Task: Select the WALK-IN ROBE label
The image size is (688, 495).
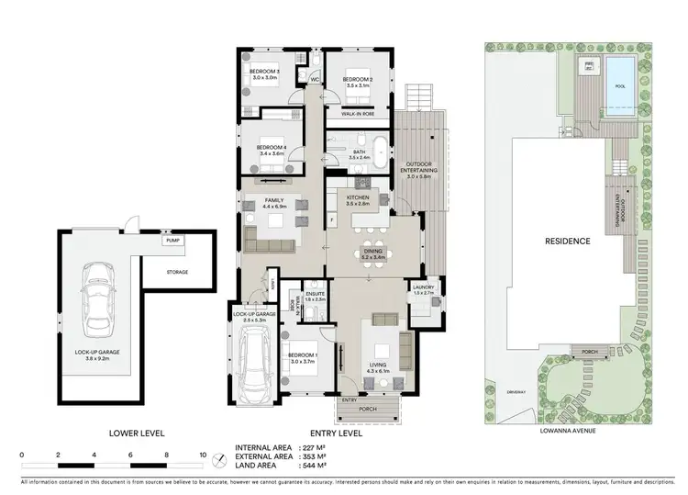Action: (357, 115)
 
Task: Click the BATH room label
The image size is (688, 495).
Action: (358, 152)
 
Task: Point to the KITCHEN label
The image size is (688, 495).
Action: (358, 197)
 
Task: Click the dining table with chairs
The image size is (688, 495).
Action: (372, 249)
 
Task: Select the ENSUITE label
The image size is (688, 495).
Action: (316, 295)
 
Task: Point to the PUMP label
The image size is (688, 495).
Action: (172, 241)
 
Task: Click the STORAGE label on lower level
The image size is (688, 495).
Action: (177, 272)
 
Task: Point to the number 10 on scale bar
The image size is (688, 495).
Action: (202, 456)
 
